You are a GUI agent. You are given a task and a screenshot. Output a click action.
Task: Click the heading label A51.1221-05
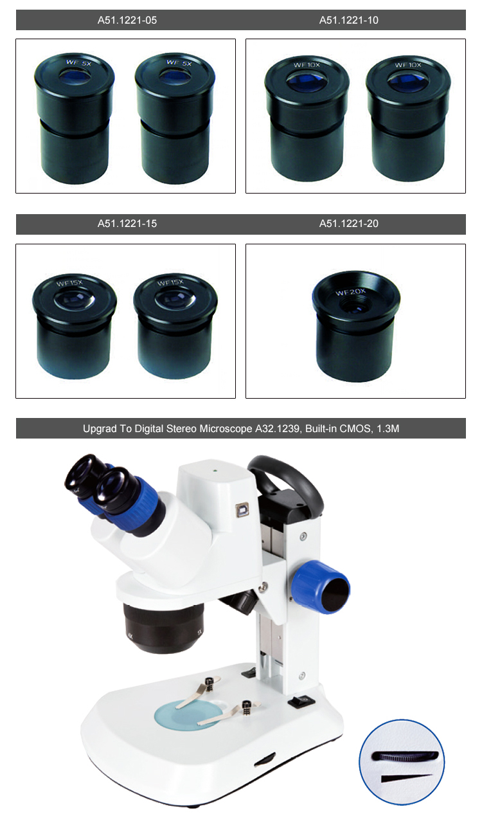pos(127,20)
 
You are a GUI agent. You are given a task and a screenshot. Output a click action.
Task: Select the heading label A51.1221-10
pos(349,20)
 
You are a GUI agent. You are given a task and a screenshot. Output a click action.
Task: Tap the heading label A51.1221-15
pos(127,224)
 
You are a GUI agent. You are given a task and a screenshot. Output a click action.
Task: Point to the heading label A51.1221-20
pos(349,224)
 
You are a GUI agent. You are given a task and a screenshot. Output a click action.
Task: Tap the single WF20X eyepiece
pos(355,326)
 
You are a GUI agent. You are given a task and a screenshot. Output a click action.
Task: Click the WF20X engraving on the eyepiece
pos(350,293)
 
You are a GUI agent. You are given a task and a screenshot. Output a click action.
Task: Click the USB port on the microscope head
pos(242,510)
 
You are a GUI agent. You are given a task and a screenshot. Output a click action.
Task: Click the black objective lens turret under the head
pos(163,628)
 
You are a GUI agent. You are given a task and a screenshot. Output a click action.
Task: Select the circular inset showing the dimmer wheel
pos(402,763)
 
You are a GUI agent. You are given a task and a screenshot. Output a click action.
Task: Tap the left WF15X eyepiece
pos(74,326)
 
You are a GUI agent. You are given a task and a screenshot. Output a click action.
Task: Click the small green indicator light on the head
pos(214,470)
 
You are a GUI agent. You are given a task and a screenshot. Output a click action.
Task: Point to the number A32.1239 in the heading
pos(276,429)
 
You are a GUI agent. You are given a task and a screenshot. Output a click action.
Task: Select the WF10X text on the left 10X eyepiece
pos(307,65)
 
